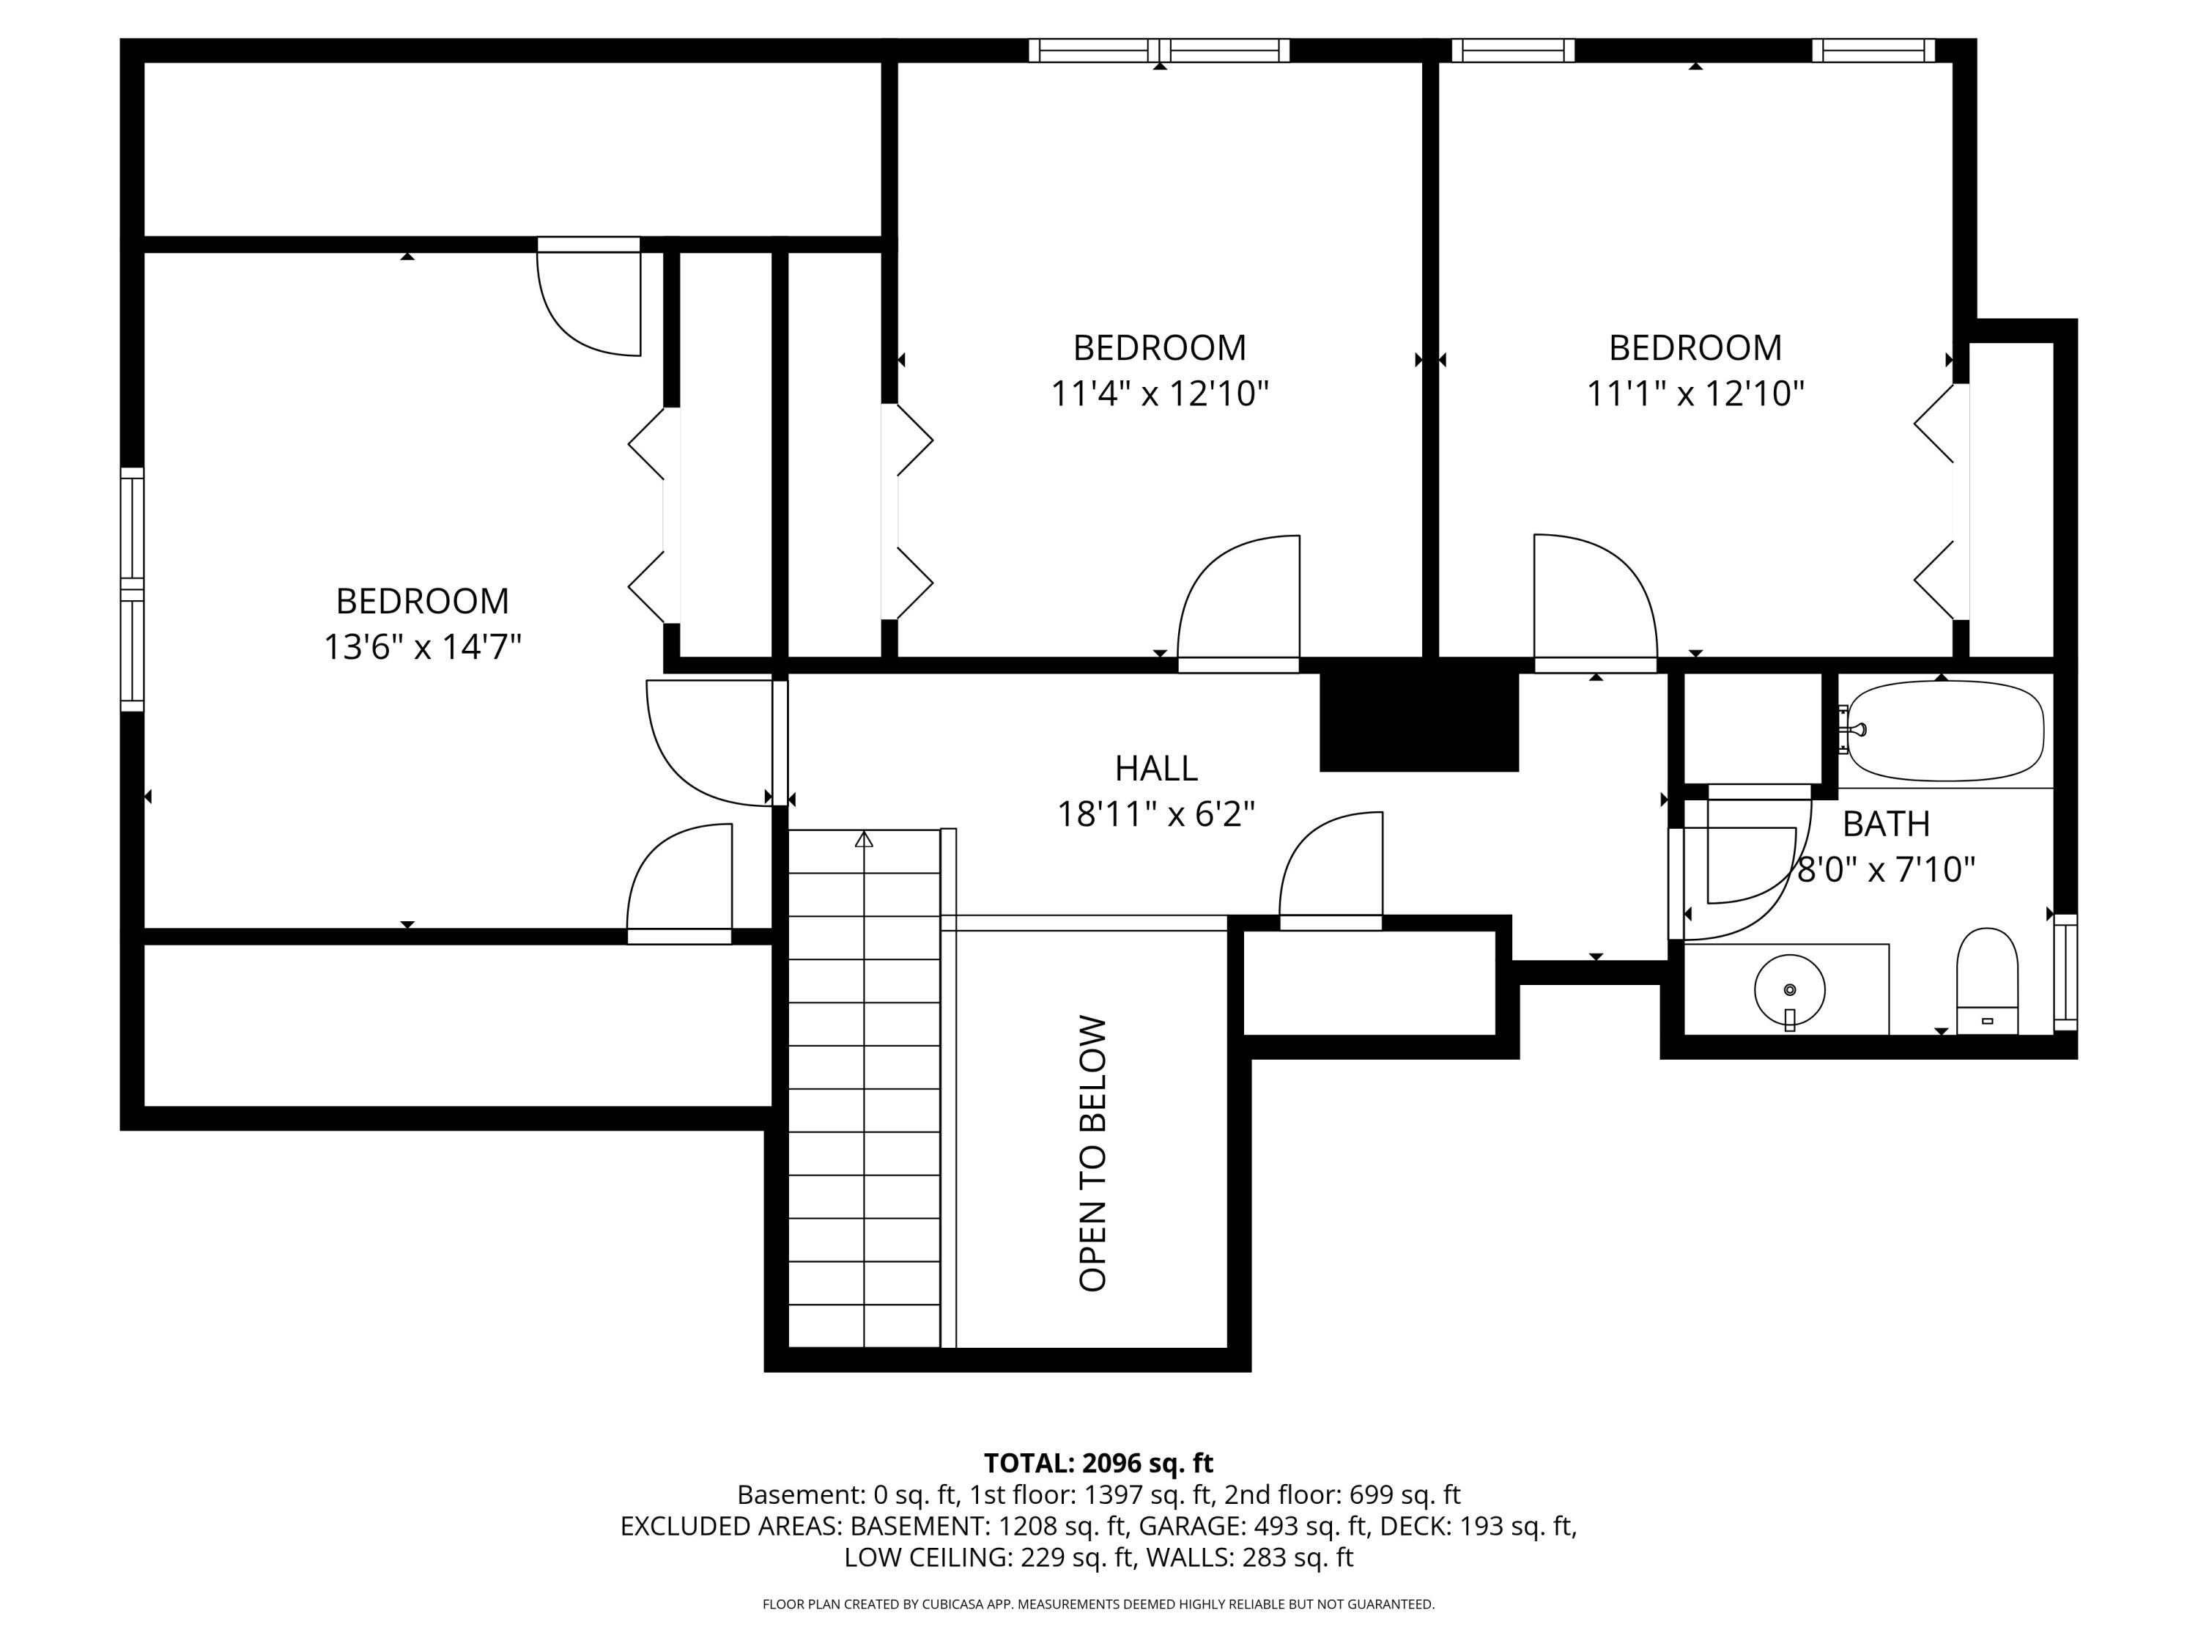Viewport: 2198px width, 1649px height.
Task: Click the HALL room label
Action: pyautogui.click(x=1155, y=768)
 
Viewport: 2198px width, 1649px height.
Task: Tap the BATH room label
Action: pyautogui.click(x=1886, y=824)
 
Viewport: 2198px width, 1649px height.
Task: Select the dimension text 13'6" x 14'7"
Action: pyautogui.click(x=422, y=647)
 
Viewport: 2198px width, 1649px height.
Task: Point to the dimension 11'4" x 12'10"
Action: pyautogui.click(x=1160, y=394)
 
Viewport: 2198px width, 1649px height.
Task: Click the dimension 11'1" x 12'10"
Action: pyautogui.click(x=1695, y=394)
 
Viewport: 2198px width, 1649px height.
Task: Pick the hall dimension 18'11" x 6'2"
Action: pyautogui.click(x=1155, y=815)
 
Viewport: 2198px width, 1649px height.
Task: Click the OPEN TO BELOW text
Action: pyautogui.click(x=1093, y=1153)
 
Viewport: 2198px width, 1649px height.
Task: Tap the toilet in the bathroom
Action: pyautogui.click(x=1987, y=981)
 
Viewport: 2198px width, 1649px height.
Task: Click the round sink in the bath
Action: pyautogui.click(x=1790, y=991)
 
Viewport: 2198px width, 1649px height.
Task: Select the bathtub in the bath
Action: pyautogui.click(x=1942, y=731)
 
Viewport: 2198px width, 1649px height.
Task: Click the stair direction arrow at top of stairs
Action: pyautogui.click(x=864, y=840)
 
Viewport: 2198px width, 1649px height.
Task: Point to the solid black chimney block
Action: pyautogui.click(x=1419, y=715)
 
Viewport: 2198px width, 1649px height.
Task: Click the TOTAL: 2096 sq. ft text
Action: pyautogui.click(x=1098, y=1463)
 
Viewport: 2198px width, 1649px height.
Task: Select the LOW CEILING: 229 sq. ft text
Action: pyautogui.click(x=988, y=1557)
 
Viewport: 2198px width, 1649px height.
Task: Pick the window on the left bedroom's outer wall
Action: pyautogui.click(x=132, y=589)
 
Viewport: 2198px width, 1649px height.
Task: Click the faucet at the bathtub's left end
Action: pyautogui.click(x=1852, y=729)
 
